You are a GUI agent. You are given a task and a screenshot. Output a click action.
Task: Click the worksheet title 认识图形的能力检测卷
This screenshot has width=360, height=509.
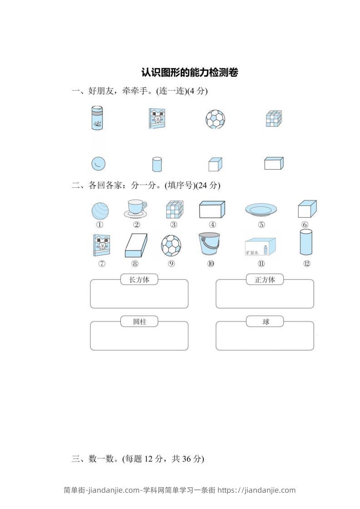point(190,72)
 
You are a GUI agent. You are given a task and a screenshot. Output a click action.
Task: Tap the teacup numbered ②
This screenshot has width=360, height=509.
point(135,209)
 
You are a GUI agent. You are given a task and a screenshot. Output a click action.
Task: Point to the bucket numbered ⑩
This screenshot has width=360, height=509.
point(209,245)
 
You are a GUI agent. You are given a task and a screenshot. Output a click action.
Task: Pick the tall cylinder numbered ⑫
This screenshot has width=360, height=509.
point(306,242)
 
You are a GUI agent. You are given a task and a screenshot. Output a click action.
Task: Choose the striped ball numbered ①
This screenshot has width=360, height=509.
point(99,211)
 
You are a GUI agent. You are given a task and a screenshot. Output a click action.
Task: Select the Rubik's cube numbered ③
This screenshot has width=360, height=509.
point(173,210)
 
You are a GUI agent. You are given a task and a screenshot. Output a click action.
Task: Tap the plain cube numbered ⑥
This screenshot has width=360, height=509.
point(307,210)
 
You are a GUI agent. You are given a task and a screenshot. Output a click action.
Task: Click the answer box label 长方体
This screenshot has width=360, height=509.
point(139,280)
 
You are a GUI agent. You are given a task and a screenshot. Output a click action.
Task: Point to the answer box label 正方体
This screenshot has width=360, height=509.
point(265,280)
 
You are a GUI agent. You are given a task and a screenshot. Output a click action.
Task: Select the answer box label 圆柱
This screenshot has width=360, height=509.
point(139,322)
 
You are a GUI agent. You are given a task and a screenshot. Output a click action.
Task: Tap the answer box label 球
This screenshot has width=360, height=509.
point(266,322)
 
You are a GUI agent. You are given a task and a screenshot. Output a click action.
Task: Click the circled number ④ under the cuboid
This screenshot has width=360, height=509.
point(212,225)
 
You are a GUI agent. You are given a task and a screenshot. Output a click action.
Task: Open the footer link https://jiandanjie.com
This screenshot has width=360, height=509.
point(256,490)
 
